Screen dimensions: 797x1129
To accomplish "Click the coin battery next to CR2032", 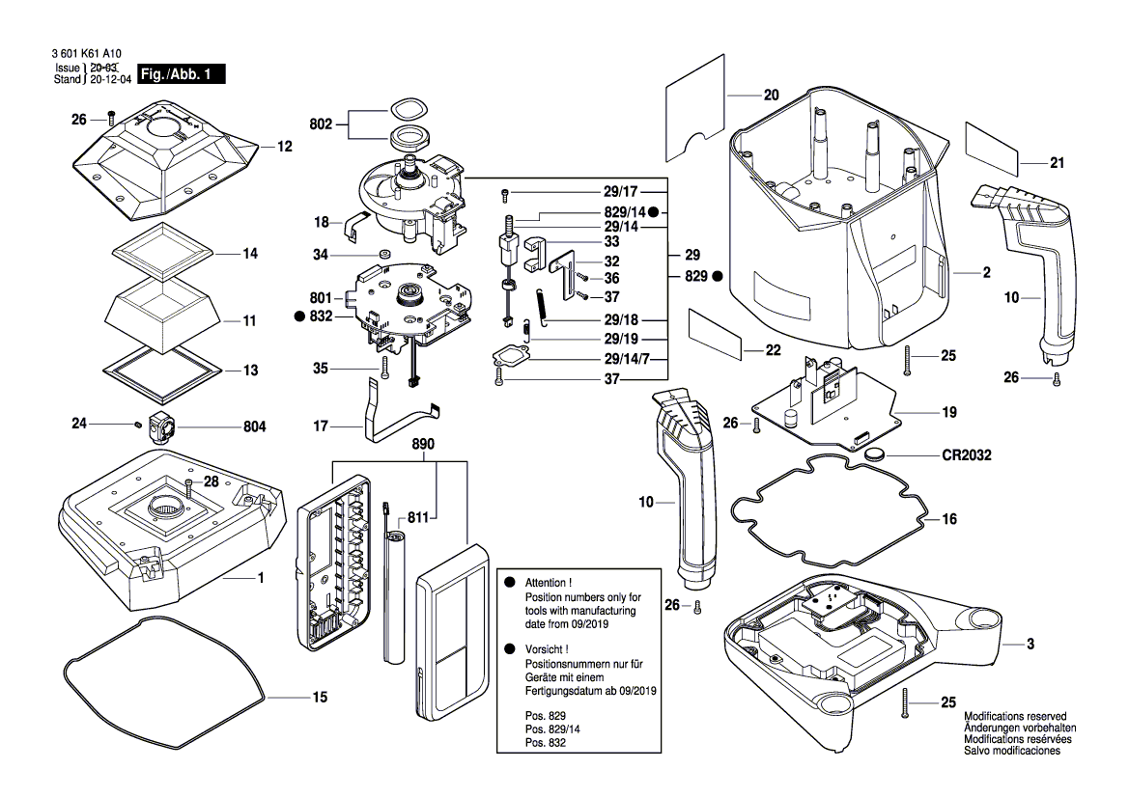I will point(876,452).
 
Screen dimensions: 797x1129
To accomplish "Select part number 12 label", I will point(284,148).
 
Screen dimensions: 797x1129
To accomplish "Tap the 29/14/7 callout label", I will point(628,358).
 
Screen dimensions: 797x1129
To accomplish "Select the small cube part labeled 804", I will point(159,426).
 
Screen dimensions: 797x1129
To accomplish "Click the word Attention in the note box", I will point(548,584).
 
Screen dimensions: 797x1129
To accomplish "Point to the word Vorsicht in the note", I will point(547,650).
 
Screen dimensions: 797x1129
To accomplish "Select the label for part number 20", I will point(771,96).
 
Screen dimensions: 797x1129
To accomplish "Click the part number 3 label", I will point(1030,644).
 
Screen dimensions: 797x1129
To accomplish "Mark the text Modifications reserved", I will point(1014,717).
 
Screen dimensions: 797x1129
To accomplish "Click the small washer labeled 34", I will point(383,255).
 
